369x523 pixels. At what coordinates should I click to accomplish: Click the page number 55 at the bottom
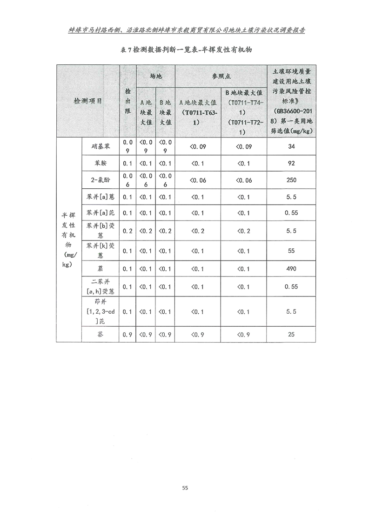[185, 488]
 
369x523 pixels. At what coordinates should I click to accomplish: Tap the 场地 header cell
[155, 75]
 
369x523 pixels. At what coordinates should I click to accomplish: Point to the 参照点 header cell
[221, 75]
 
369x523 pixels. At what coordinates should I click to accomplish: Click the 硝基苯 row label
[101, 146]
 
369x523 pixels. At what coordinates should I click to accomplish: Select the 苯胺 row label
[101, 163]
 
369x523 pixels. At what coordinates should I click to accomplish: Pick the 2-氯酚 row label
[101, 180]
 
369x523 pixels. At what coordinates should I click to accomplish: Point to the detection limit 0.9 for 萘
[127, 334]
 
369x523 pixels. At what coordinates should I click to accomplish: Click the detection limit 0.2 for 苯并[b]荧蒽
[127, 231]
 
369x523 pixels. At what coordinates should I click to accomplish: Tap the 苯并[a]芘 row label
[101, 213]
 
